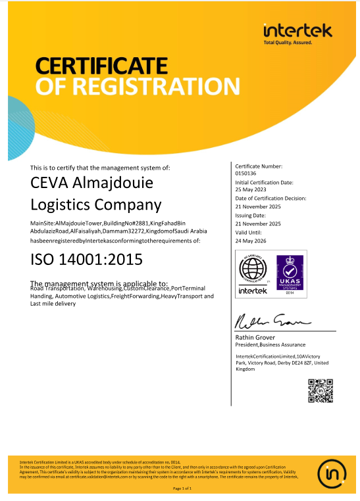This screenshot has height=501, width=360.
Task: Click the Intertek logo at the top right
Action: [x=297, y=31]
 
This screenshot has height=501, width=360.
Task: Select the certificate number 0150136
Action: [x=245, y=174]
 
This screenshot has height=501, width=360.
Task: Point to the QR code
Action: [x=321, y=391]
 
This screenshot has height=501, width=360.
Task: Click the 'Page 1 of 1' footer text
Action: [x=182, y=489]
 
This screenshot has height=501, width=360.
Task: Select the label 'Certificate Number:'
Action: [x=259, y=166]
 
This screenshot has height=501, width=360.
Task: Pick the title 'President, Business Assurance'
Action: [x=270, y=345]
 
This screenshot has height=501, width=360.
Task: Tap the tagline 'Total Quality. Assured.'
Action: [x=297, y=42]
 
